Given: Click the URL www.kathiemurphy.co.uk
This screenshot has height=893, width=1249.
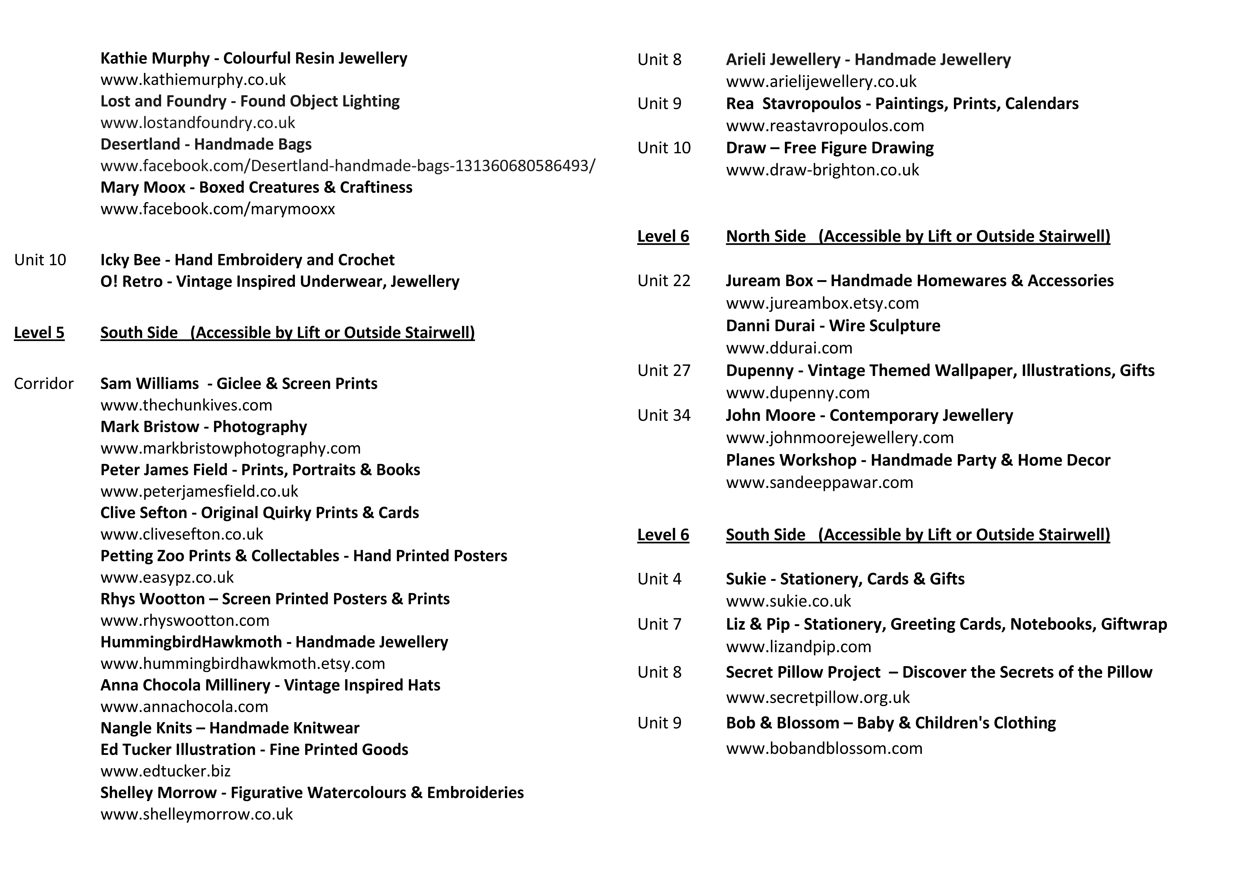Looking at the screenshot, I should (x=193, y=80).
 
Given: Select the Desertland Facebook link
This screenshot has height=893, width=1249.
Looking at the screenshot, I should (x=347, y=165).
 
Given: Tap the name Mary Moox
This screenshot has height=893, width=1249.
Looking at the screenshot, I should (x=143, y=187).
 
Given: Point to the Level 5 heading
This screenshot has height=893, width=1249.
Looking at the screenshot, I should (x=39, y=333).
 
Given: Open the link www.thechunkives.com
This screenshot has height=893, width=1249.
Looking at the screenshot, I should (x=186, y=405).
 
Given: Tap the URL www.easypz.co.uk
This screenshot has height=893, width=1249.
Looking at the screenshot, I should (x=167, y=577).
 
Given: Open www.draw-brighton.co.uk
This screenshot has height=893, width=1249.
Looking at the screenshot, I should (x=822, y=170).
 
